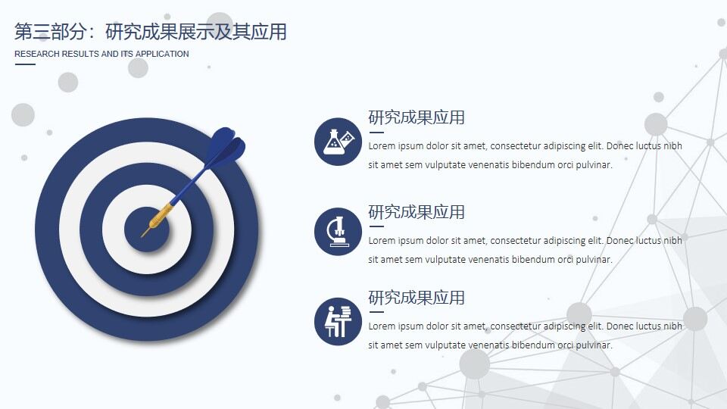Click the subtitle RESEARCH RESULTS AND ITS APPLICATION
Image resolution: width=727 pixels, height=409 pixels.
coord(101,55)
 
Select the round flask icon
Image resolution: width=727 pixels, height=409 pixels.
coord(338,141)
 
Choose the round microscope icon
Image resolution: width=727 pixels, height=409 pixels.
coord(338,231)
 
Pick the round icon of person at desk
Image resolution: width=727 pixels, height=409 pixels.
coord(338,321)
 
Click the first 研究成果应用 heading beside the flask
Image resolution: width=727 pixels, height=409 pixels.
coord(417,117)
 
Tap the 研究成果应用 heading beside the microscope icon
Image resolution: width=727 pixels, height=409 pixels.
coord(417,212)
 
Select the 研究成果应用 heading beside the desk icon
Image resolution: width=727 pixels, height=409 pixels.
coord(417,298)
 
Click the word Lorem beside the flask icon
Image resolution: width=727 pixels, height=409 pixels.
coord(382,146)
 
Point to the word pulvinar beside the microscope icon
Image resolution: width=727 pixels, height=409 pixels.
coord(593,260)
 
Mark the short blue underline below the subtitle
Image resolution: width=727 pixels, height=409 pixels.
coord(25,64)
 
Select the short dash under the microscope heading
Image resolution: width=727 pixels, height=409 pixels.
coord(376,226)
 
